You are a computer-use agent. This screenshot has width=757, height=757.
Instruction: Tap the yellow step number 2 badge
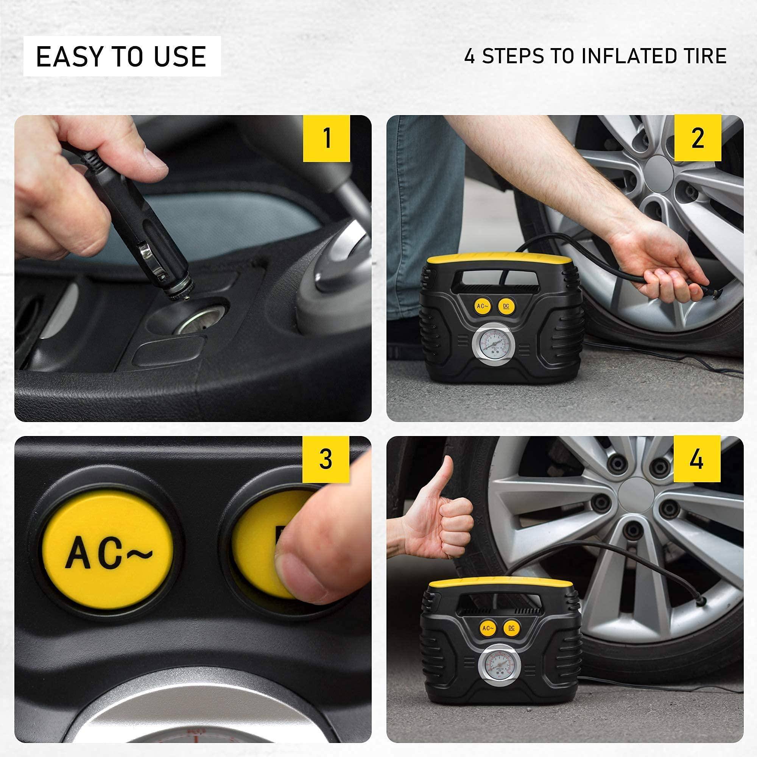pyautogui.click(x=698, y=138)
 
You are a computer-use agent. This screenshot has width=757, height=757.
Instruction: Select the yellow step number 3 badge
pyautogui.click(x=326, y=459)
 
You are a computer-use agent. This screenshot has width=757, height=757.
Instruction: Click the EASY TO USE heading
pyautogui.click(x=121, y=56)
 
